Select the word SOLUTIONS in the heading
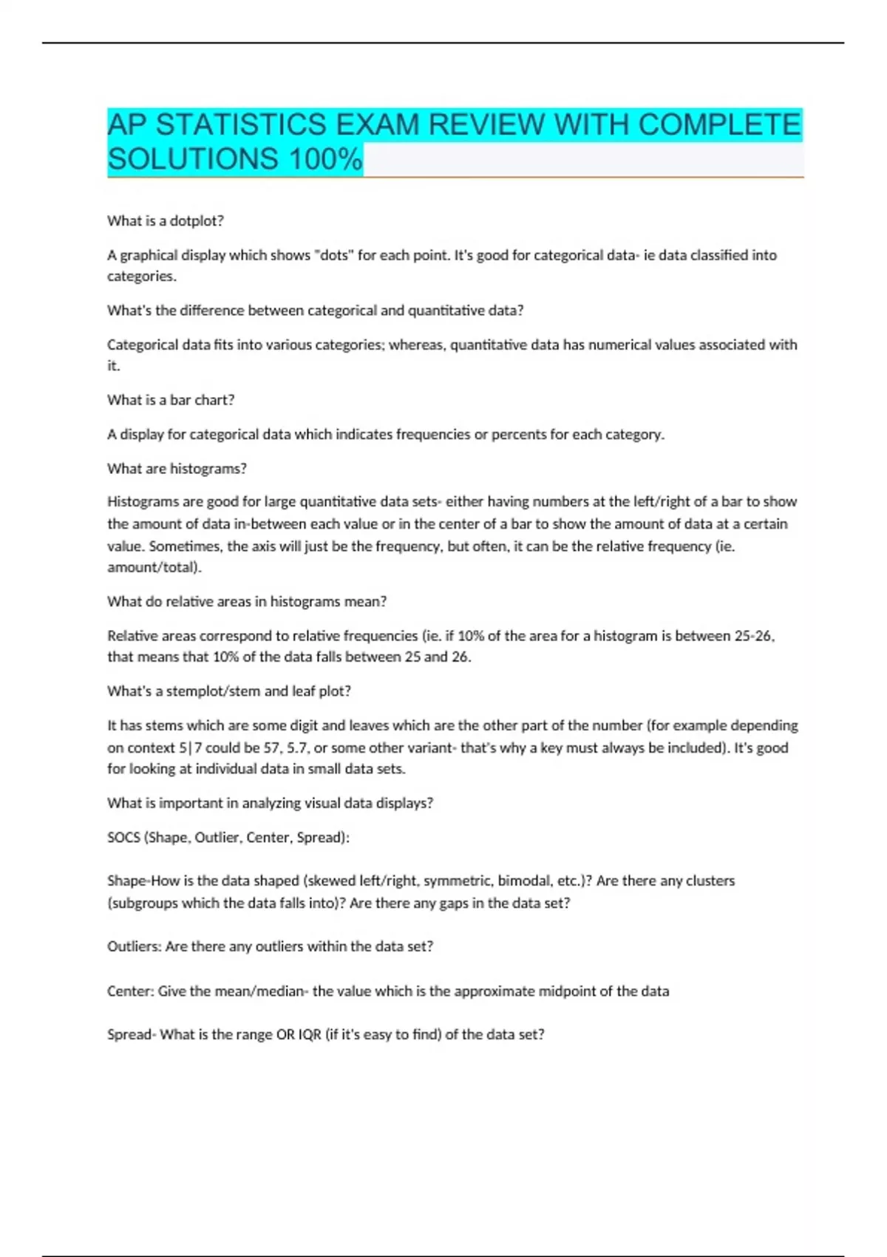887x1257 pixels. point(193,159)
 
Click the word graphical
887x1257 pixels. point(153,255)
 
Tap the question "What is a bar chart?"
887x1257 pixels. point(171,400)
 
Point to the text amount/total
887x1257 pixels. point(153,567)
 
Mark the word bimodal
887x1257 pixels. point(524,881)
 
